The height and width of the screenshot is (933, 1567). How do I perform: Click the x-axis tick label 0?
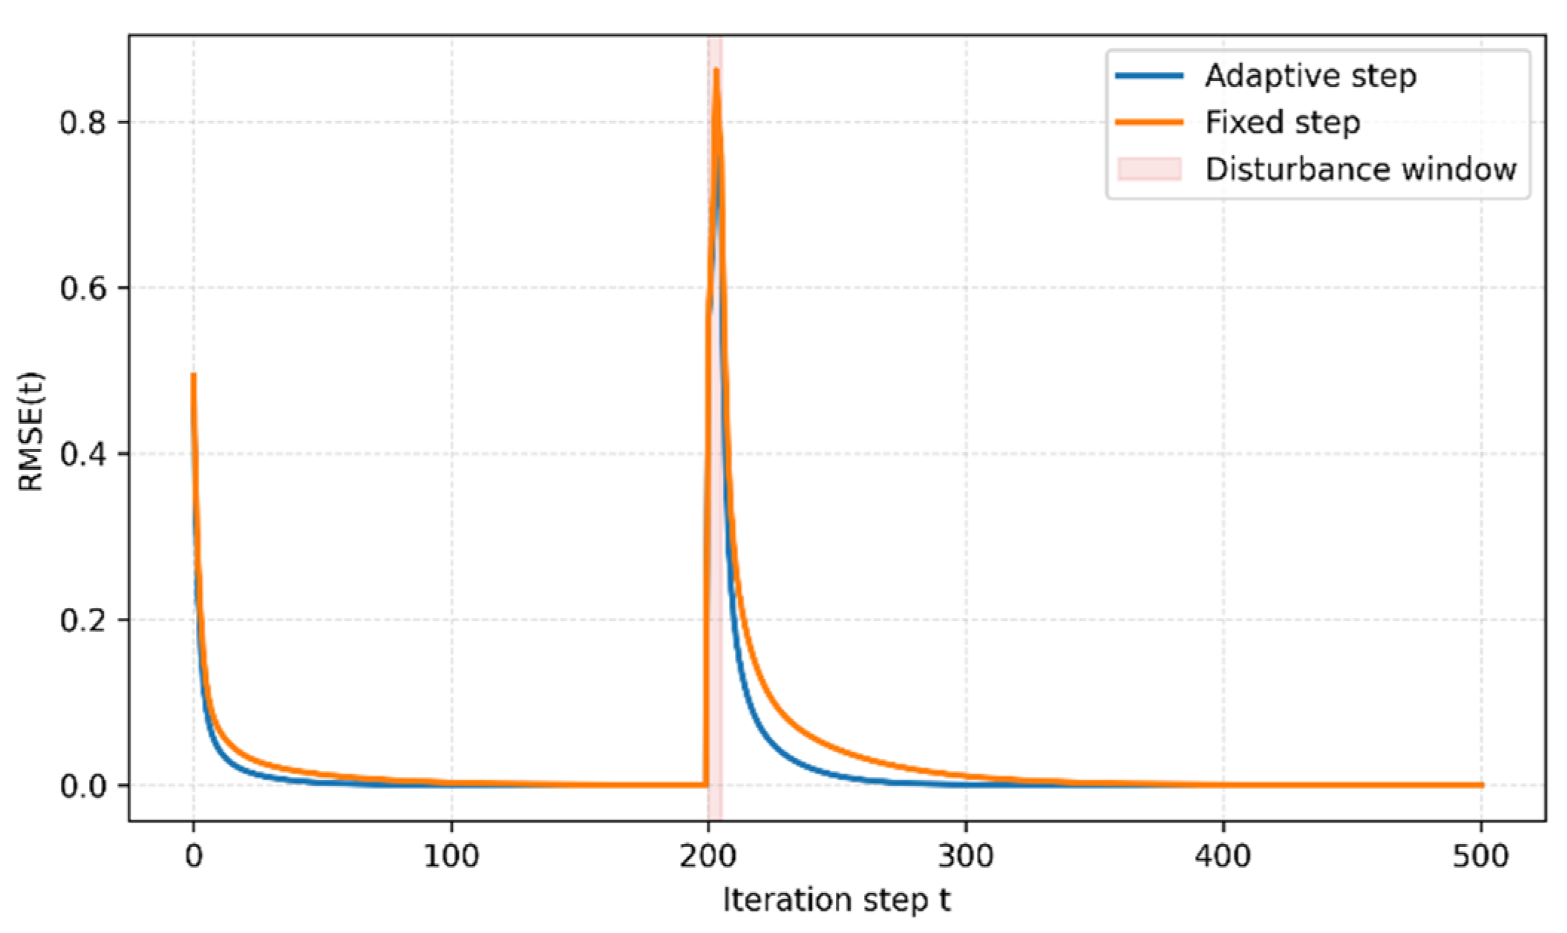pos(194,857)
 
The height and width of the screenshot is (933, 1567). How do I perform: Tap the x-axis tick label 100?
pos(451,857)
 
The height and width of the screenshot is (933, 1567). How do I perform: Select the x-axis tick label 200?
pos(708,857)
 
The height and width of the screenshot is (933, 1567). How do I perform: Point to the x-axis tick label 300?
pos(966,857)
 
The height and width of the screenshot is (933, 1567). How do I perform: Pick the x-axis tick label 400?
pos(1223,857)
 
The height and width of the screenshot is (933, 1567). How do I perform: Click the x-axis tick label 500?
pos(1481,857)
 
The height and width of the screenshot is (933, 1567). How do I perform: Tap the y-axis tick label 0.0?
pos(83,786)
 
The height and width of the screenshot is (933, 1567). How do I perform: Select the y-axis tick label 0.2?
pos(83,620)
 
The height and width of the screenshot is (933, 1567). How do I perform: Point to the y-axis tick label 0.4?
pos(83,454)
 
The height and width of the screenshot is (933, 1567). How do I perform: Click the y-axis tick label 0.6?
pos(83,288)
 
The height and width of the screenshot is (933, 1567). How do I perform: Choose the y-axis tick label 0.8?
pos(83,122)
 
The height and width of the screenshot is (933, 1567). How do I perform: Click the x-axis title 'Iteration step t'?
pos(837,900)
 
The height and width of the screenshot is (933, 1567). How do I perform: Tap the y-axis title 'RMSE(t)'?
pos(31,431)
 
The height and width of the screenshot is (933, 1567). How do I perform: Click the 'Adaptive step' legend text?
pos(1310,76)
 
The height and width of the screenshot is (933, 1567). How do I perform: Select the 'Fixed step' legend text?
pos(1283,122)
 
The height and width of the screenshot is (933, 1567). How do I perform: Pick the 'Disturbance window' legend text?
pos(1361,169)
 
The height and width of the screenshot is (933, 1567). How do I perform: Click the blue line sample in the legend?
pos(1149,76)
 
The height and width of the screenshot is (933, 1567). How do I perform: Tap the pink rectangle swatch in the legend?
pos(1149,168)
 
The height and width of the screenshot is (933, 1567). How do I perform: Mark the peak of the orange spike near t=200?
pos(716,69)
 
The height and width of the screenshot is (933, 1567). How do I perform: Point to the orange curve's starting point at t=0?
pos(194,375)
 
